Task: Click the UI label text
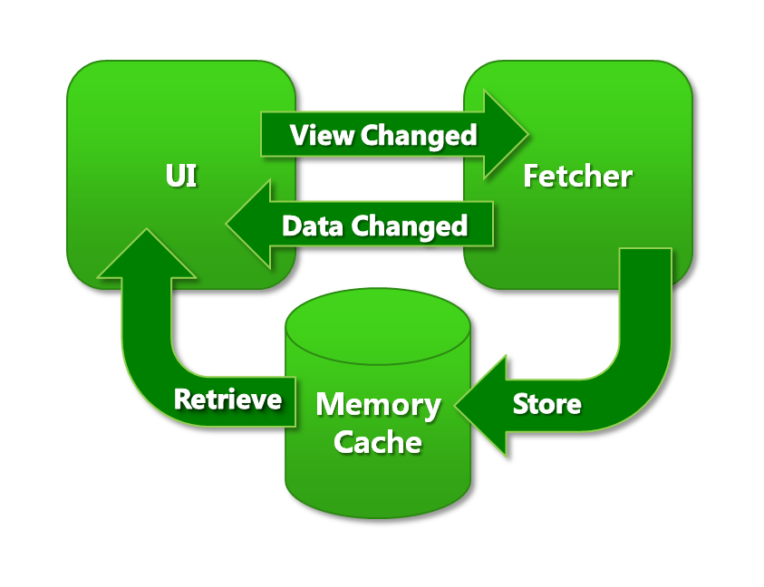(180, 177)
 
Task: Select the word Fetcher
(577, 176)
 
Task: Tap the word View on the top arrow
(322, 136)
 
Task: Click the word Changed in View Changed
(419, 136)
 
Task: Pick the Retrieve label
(227, 399)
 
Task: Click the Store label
(546, 403)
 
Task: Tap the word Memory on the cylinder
(378, 405)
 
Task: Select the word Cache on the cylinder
(378, 442)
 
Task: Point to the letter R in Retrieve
(181, 399)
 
